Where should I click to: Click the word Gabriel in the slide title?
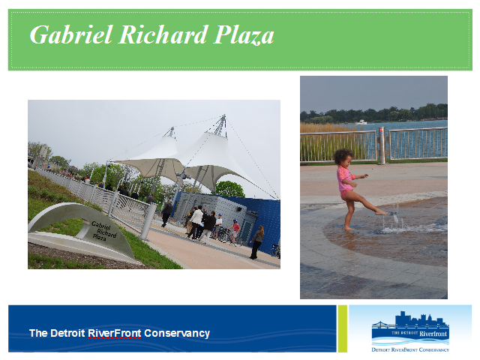[x=71, y=35]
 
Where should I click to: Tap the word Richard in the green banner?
[x=163, y=34]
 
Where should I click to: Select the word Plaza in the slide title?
[x=244, y=35]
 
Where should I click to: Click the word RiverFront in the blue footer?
[x=115, y=333]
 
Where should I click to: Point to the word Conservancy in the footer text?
[x=177, y=333]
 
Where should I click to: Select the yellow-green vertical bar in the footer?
[x=343, y=328]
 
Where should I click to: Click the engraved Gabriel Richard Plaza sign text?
[x=104, y=231]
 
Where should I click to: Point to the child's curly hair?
[x=343, y=156]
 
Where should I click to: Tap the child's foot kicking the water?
[x=382, y=212]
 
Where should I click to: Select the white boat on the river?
[x=361, y=122]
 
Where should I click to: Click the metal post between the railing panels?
[x=382, y=145]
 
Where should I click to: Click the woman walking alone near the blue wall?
[x=257, y=242]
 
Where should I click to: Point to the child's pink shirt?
[x=345, y=178]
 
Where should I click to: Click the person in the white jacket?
[x=196, y=223]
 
